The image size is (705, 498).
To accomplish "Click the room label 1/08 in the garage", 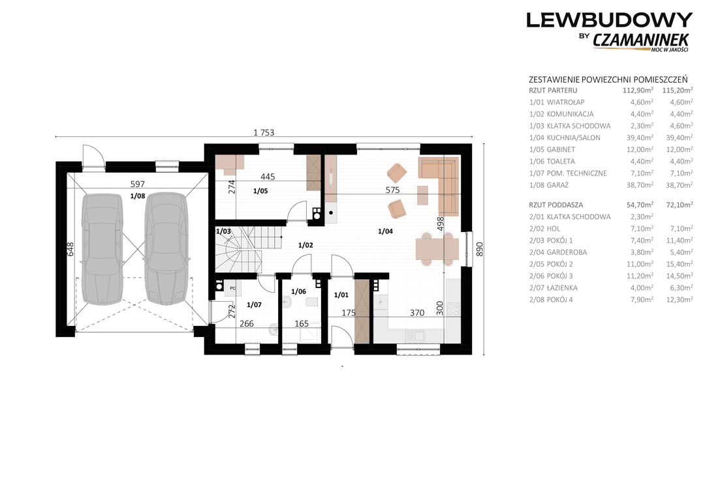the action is [138, 196].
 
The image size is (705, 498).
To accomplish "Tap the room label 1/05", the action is [260, 191].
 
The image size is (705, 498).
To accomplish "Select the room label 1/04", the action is [385, 231].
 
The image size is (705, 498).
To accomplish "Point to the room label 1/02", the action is [305, 245].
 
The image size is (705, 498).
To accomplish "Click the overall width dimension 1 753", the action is [264, 132].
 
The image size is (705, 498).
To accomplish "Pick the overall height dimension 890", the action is [479, 249].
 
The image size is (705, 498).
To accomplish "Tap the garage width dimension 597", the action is [137, 184].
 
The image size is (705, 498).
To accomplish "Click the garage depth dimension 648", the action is [70, 249].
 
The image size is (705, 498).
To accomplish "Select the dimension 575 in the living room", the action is [392, 190].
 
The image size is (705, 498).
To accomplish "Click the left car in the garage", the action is [102, 248].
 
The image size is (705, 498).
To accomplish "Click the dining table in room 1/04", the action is [437, 249].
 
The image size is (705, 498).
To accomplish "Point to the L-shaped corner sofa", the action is [443, 180].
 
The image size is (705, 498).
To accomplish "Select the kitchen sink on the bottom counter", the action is [414, 336].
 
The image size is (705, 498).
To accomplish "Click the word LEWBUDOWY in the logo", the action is [609, 20].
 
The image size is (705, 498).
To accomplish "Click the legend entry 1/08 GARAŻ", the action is [549, 184].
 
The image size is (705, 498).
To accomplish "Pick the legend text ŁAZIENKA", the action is [562, 287].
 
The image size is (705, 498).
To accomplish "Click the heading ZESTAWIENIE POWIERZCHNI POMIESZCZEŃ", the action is [608, 80].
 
